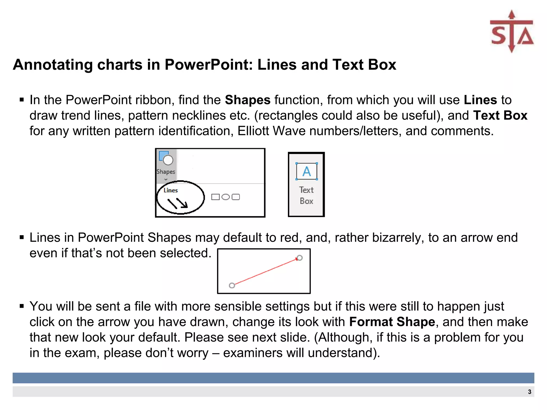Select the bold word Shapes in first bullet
tap(248, 100)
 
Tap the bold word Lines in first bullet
tap(480, 100)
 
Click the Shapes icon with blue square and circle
tap(166, 158)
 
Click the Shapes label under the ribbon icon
tap(166, 172)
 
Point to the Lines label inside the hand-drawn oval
tap(171, 190)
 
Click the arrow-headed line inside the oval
tap(182, 203)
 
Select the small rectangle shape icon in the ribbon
tap(215, 197)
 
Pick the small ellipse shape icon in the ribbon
tap(226, 197)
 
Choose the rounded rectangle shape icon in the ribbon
tap(236, 197)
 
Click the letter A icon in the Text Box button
tap(307, 171)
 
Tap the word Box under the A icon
tap(306, 201)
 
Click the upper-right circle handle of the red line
tap(300, 258)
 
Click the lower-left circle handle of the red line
tap(232, 286)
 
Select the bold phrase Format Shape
tap(392, 322)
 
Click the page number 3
tap(529, 392)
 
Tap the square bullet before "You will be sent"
tap(22, 306)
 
